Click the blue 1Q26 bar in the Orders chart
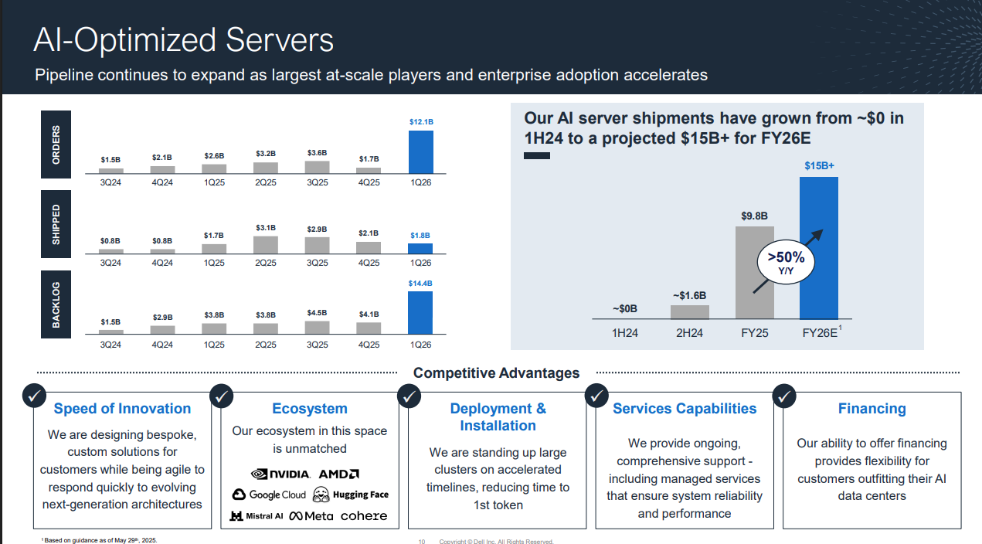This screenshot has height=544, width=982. tap(420, 151)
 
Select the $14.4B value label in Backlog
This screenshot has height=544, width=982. tap(420, 284)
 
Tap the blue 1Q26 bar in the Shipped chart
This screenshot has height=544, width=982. tap(420, 249)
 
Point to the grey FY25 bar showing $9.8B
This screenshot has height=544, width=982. tap(754, 272)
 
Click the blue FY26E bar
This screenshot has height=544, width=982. tap(819, 248)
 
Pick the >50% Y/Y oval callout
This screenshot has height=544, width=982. tap(786, 261)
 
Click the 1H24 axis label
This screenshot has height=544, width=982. tap(625, 333)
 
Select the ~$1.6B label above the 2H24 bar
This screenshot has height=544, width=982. tap(689, 295)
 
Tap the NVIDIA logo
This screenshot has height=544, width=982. tap(280, 474)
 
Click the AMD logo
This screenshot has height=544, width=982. tap(339, 474)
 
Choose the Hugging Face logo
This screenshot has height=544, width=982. tap(351, 495)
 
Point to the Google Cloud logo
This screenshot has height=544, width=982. tap(269, 495)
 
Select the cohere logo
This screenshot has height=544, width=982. tap(364, 515)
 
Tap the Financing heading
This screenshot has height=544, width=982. tap(872, 409)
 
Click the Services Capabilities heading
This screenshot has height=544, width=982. tap(685, 409)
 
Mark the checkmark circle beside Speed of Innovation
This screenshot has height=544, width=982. tap(34, 396)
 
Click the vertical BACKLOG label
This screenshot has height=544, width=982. tap(56, 304)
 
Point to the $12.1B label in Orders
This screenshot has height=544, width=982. tap(421, 122)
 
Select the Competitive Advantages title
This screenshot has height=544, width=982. tap(496, 373)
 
